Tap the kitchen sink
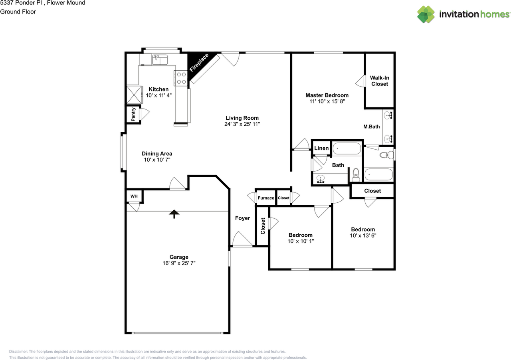pyautogui.click(x=160, y=59)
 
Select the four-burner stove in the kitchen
pyautogui.click(x=181, y=78)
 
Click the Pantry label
pyautogui.click(x=133, y=114)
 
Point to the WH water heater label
pyautogui.click(x=134, y=196)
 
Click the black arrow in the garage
pyautogui.click(x=174, y=214)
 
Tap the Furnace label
pyautogui.click(x=266, y=198)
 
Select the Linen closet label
pyautogui.click(x=321, y=148)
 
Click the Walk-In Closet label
pyautogui.click(x=380, y=81)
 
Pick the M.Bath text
pyautogui.click(x=371, y=127)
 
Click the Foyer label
pyautogui.click(x=242, y=218)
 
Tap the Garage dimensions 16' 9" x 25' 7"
pyautogui.click(x=179, y=263)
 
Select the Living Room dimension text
pyautogui.click(x=242, y=124)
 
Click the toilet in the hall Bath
pyautogui.click(x=356, y=175)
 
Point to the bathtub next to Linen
pyautogui.click(x=347, y=149)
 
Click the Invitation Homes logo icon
pyautogui.click(x=426, y=14)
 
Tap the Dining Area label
pyautogui.click(x=157, y=154)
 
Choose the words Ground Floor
pyautogui.click(x=18, y=12)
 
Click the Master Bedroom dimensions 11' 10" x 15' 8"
pyautogui.click(x=327, y=101)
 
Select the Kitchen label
pyautogui.click(x=158, y=89)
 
